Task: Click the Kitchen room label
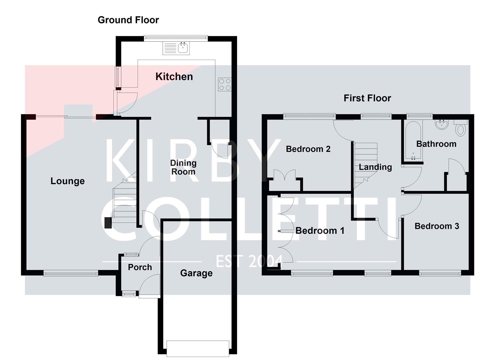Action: (174, 77)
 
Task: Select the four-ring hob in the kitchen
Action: (224, 84)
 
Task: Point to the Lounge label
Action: (67, 181)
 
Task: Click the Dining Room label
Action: (183, 167)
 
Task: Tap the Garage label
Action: (196, 273)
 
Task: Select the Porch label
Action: (140, 267)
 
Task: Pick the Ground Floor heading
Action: (128, 20)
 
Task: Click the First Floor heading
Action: (367, 98)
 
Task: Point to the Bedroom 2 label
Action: (308, 149)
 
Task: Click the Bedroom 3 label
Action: (437, 226)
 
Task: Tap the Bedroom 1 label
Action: (320, 231)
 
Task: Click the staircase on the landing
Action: (365, 163)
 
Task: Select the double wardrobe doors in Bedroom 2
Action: (284, 176)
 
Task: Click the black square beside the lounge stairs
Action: (108, 223)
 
